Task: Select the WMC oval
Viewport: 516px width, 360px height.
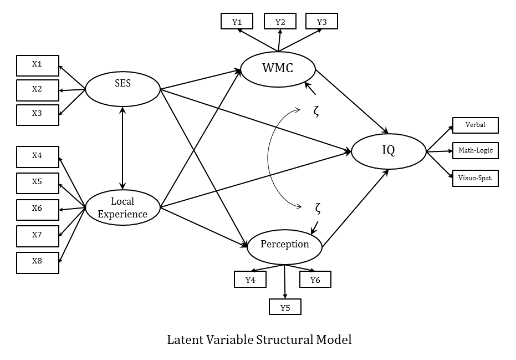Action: (278, 69)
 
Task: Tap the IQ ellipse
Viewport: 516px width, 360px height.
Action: (389, 150)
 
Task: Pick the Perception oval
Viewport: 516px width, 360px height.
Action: (285, 245)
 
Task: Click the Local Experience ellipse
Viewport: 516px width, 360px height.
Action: (122, 207)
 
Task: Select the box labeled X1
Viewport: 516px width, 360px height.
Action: (37, 65)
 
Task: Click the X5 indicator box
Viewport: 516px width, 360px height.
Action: (37, 182)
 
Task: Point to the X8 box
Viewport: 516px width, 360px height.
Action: (37, 262)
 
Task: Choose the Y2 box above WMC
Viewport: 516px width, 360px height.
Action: (280, 22)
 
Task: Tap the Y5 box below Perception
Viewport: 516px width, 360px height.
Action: (285, 307)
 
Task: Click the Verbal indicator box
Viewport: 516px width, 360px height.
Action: (475, 125)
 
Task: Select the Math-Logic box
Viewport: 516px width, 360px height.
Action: (475, 151)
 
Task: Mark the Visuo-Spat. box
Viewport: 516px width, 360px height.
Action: (475, 178)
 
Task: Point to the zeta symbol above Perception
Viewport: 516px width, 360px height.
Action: (318, 209)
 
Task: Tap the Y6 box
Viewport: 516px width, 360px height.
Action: (315, 280)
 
